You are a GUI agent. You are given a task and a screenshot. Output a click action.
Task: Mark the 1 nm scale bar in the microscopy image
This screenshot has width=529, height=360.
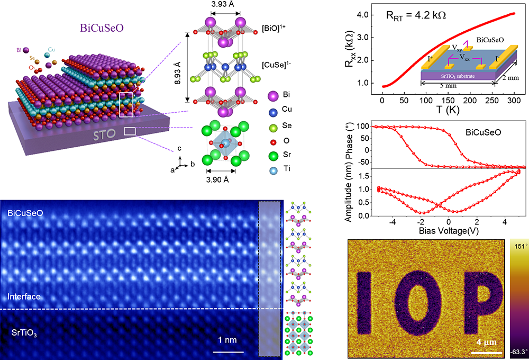click(x=228, y=351)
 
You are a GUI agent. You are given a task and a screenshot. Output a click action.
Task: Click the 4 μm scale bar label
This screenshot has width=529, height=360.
click(x=486, y=342)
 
